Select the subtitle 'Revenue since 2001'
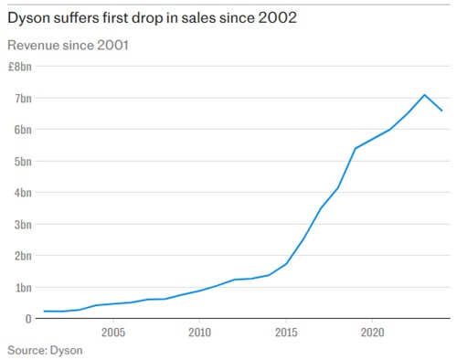(x=68, y=45)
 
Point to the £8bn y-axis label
(x=20, y=67)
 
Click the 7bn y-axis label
(x=22, y=98)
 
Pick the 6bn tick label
(x=22, y=130)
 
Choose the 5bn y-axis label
(x=22, y=161)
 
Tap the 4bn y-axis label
(x=22, y=193)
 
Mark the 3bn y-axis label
(x=22, y=224)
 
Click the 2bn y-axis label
(x=22, y=256)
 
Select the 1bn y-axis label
(x=22, y=287)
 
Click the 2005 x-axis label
(x=113, y=333)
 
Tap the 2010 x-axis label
(x=200, y=333)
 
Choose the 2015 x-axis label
(x=287, y=333)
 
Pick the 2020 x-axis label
(x=373, y=333)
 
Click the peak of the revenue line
(x=424, y=95)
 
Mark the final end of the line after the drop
(x=442, y=111)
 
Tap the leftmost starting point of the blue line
(x=44, y=312)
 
